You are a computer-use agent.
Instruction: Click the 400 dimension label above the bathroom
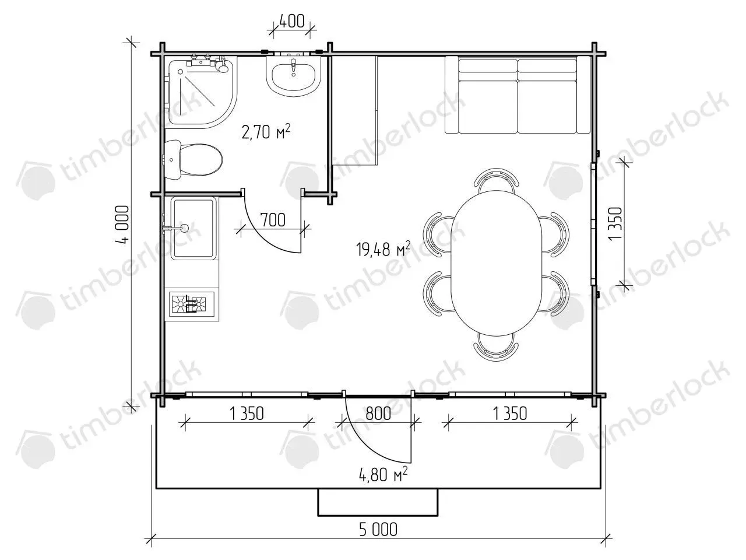click(291, 22)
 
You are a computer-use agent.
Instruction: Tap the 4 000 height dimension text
click(122, 225)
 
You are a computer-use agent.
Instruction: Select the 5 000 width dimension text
click(378, 530)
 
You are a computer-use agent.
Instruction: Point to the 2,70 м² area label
click(266, 131)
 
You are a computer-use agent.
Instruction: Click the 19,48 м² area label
click(383, 249)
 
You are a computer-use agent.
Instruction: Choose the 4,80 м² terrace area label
click(383, 474)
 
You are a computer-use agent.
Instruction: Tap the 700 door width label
click(273, 220)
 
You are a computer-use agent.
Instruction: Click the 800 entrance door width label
click(378, 414)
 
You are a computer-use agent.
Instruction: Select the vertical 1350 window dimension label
click(616, 223)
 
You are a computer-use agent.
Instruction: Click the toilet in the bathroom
click(193, 159)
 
